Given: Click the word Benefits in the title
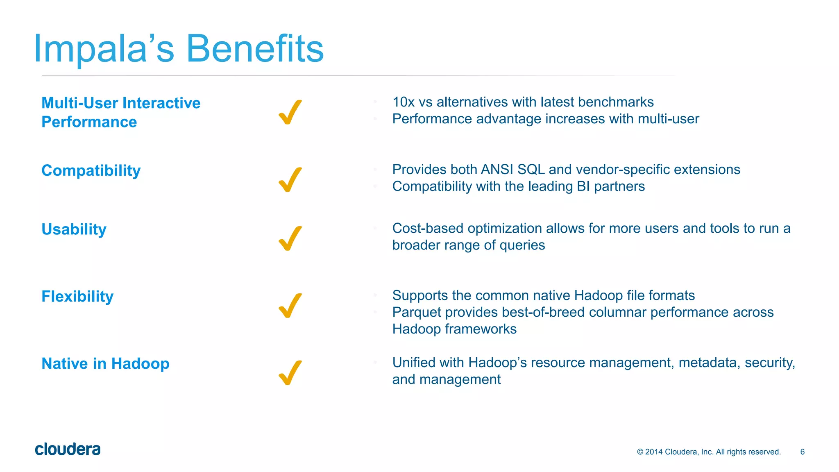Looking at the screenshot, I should pyautogui.click(x=255, y=49).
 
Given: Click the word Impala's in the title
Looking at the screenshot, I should pyautogui.click(x=104, y=49).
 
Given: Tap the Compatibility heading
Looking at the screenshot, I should pyautogui.click(x=91, y=170).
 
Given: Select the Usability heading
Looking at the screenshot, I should pyautogui.click(x=74, y=229).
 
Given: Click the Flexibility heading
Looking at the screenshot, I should pyautogui.click(x=77, y=296).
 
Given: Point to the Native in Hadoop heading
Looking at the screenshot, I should pyautogui.click(x=105, y=363).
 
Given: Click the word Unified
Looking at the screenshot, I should pyautogui.click(x=414, y=363).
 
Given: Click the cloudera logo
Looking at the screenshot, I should pyautogui.click(x=68, y=449).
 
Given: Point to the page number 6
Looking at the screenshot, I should pyautogui.click(x=802, y=452).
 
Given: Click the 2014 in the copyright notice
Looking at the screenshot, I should pyautogui.click(x=653, y=452).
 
